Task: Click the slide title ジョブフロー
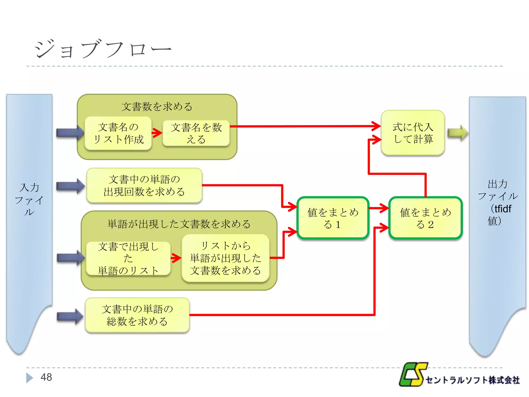pos(103,49)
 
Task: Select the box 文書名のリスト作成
pos(118,133)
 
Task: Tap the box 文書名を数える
pos(196,133)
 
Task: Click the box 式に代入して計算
pos(413,133)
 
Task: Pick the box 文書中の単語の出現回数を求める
pos(144,185)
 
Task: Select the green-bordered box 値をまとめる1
pos(333,218)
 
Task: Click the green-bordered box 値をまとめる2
pos(425,218)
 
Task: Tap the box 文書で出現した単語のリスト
pos(128,258)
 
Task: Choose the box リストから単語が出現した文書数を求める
pos(225,258)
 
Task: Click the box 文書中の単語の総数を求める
pos(137,315)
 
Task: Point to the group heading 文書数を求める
pos(157,106)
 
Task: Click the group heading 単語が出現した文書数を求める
pos(179,224)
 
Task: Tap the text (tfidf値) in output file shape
pos(500,215)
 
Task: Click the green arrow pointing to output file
pos(457,133)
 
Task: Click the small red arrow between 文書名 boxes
pos(157,133)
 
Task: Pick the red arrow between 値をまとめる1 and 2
pos(379,208)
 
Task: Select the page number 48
pos(46,377)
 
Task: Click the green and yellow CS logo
pos(413,374)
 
